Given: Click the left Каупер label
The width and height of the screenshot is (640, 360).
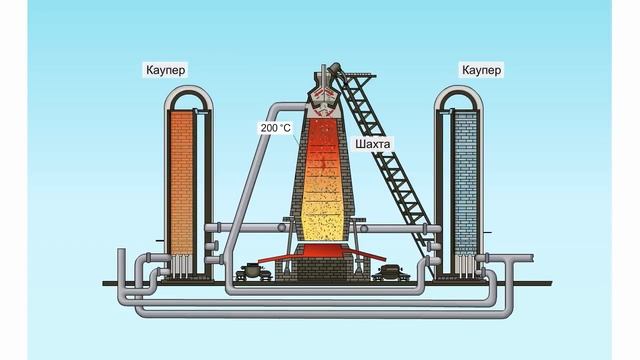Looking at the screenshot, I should click(x=165, y=70).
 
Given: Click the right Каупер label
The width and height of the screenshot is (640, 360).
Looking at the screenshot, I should click(x=481, y=70).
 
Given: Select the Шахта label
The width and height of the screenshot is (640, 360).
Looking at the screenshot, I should click(x=372, y=144).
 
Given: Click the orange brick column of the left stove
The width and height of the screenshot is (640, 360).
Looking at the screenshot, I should click(x=181, y=180).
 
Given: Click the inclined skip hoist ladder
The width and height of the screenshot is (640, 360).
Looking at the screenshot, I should click(x=390, y=160).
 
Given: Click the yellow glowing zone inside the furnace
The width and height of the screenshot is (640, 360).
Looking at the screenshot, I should click(x=321, y=215).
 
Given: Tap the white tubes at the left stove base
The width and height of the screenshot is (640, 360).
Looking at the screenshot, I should click(x=182, y=266).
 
